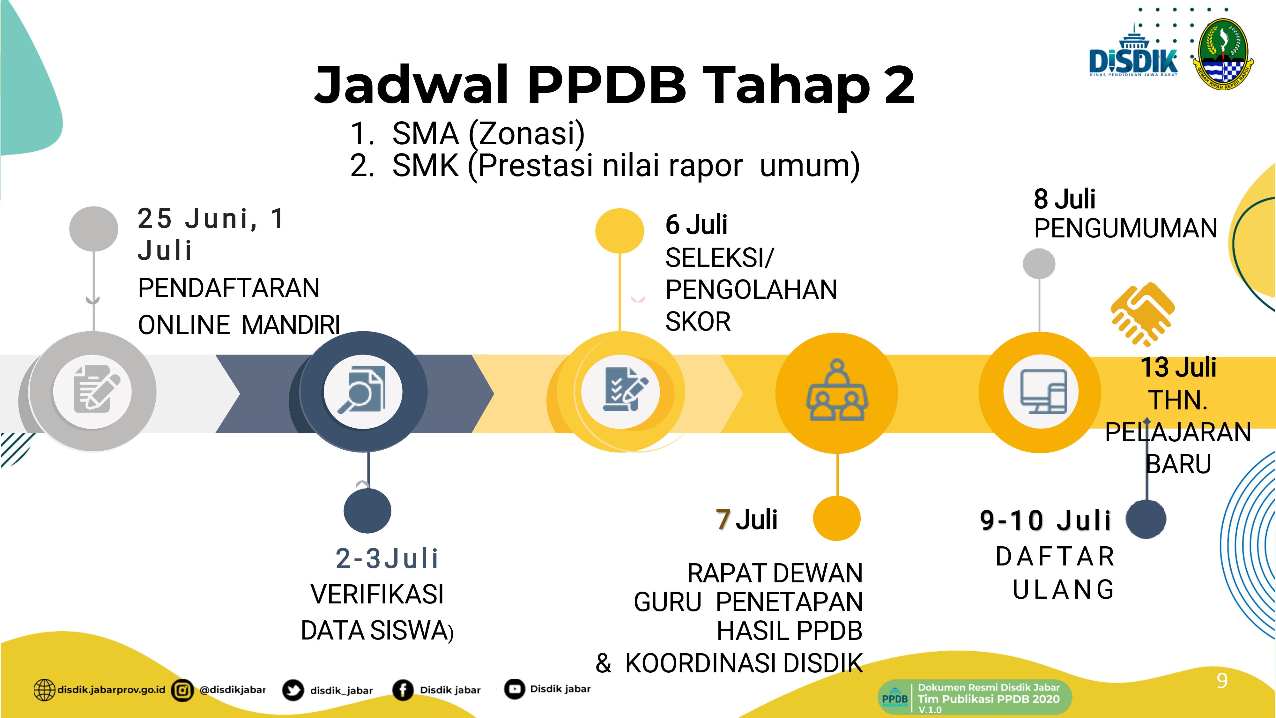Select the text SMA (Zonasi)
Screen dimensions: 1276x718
pyautogui.click(x=488, y=133)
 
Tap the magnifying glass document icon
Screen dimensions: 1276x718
pyautogui.click(x=362, y=389)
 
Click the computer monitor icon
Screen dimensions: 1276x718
pyautogui.click(x=1043, y=391)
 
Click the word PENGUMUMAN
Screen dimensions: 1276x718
pyautogui.click(x=1125, y=229)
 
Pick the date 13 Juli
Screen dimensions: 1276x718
pyautogui.click(x=1178, y=367)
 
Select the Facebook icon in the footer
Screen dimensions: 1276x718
pyautogui.click(x=403, y=690)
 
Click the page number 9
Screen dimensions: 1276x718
pyautogui.click(x=1222, y=681)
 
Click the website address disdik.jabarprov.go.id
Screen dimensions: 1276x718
pyautogui.click(x=111, y=689)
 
